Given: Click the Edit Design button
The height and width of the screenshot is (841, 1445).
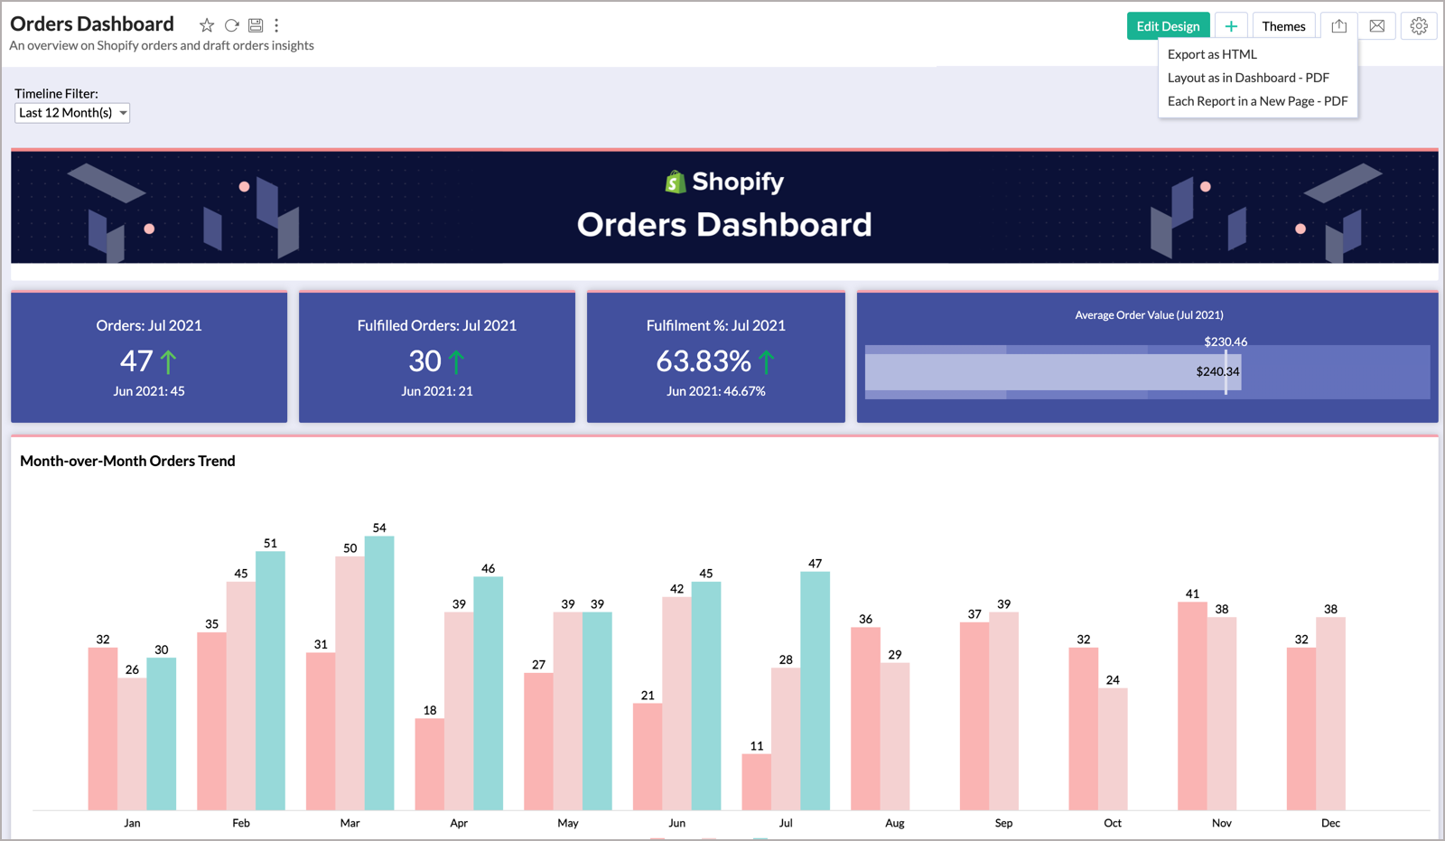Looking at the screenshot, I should (x=1168, y=26).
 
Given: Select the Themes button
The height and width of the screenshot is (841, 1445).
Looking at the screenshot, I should (x=1283, y=26).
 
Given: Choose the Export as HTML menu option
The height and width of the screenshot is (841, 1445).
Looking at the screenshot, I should (x=1212, y=54).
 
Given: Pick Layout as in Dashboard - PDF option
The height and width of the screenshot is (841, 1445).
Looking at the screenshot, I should (x=1248, y=78).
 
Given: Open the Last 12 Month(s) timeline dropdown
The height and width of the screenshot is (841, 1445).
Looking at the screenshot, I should (x=72, y=113).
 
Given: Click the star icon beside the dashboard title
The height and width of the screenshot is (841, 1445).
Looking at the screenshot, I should (x=207, y=25).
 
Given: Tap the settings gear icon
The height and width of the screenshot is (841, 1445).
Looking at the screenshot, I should (x=1419, y=26).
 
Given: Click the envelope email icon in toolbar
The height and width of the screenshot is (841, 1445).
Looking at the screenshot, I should (x=1376, y=26).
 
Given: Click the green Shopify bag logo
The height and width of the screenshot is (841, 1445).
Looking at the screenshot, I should (x=676, y=182).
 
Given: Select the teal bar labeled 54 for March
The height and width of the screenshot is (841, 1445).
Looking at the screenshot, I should (x=379, y=673).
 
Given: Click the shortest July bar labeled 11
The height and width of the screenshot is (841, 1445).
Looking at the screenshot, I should (x=756, y=781).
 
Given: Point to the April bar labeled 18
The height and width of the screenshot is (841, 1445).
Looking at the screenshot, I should (x=430, y=763).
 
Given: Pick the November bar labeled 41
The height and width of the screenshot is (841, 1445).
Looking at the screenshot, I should (x=1192, y=706).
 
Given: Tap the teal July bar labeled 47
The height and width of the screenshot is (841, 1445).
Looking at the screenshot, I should (x=815, y=690).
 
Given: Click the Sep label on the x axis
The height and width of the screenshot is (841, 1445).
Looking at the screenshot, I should (x=1003, y=823).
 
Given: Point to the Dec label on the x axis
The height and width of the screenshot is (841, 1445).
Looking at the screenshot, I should (x=1330, y=823).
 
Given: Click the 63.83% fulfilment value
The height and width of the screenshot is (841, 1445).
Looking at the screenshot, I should (x=704, y=361).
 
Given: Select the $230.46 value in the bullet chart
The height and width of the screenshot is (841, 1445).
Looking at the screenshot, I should (x=1226, y=341).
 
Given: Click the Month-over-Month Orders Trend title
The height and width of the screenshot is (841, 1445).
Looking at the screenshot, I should (x=127, y=461).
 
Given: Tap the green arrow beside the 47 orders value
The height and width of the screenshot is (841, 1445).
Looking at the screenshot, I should (x=169, y=362).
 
